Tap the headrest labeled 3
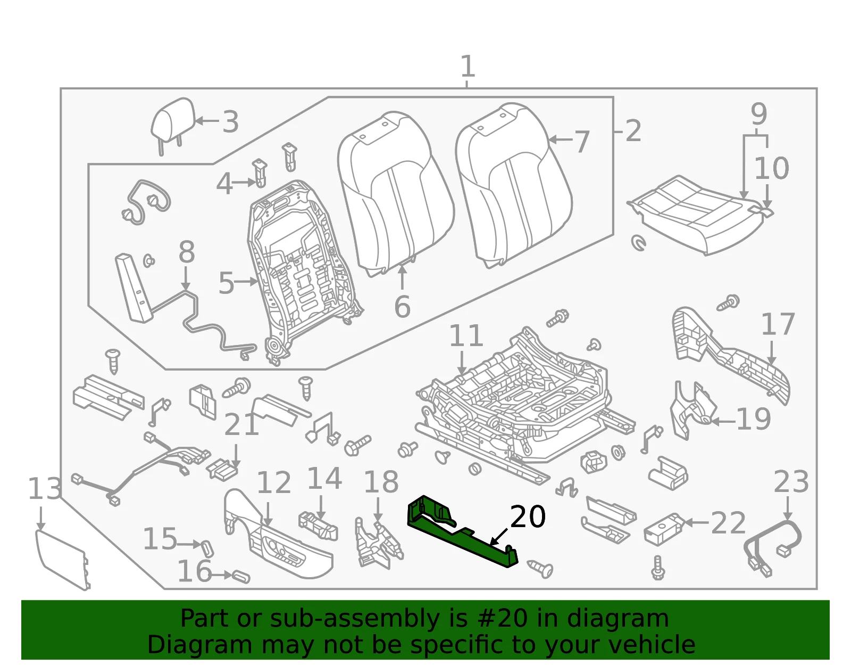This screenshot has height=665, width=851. (x=173, y=121)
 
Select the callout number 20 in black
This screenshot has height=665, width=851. (x=528, y=516)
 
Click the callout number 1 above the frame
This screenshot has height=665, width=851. (x=468, y=66)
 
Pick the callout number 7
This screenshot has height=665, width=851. (x=581, y=142)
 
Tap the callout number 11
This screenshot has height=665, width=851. (x=466, y=335)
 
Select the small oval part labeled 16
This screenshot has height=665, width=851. (x=241, y=577)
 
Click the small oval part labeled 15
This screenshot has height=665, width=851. (x=207, y=548)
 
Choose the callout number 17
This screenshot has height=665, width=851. (x=778, y=324)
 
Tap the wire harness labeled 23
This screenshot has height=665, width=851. (x=772, y=547)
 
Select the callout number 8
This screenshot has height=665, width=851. (x=186, y=252)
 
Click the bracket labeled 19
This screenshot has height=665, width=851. (x=693, y=411)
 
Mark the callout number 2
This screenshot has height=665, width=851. (x=633, y=131)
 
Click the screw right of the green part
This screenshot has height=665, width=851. (x=540, y=569)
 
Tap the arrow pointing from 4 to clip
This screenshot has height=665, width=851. (x=245, y=183)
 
